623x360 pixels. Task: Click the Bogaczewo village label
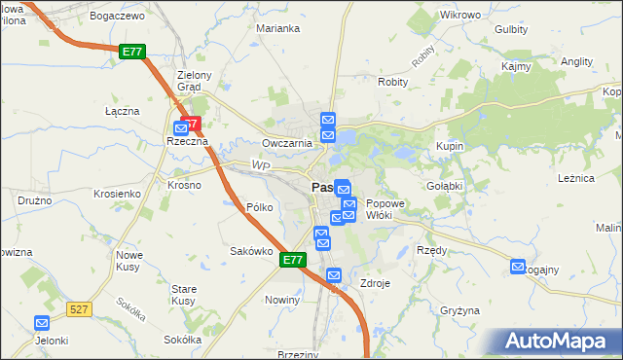(x=116, y=17)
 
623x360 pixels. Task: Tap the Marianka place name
(x=277, y=28)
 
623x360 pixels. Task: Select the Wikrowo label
(x=460, y=16)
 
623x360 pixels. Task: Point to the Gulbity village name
(x=511, y=29)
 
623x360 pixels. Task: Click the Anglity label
(x=576, y=60)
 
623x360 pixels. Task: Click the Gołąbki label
(x=444, y=185)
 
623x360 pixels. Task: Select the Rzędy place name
(x=431, y=250)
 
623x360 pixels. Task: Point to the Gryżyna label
(x=459, y=310)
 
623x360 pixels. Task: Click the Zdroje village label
(x=375, y=283)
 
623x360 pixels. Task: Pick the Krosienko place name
(x=118, y=194)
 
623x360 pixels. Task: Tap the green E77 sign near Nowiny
(x=293, y=261)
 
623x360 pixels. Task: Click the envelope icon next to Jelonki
(x=42, y=323)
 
